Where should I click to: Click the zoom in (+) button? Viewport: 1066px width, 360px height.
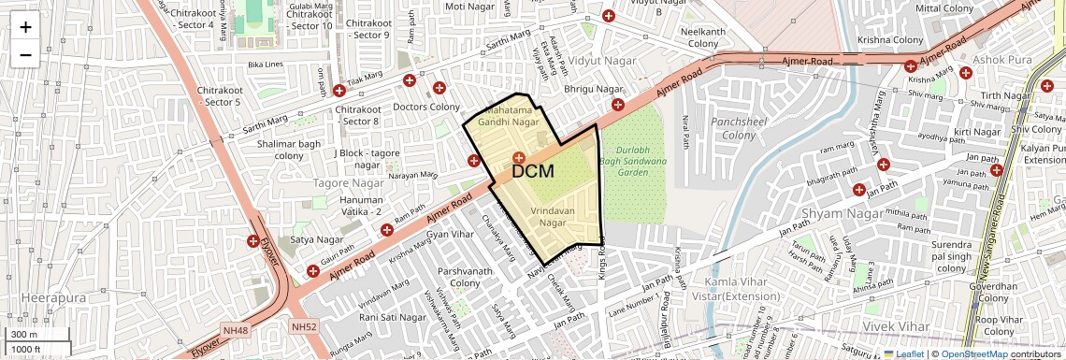coord(25,27)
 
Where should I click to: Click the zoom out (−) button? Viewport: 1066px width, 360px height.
coord(25,54)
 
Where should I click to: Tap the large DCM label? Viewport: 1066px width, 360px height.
coord(533,172)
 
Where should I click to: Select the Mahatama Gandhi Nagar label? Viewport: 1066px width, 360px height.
coord(509,116)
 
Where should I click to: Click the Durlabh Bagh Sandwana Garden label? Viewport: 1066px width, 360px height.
coord(633,154)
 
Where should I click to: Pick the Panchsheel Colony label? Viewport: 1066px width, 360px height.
coord(732,129)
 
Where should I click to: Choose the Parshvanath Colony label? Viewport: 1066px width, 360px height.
coord(458,278)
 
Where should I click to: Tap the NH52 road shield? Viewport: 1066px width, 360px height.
coord(304,327)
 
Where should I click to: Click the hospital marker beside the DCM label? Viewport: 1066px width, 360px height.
coord(518,156)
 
